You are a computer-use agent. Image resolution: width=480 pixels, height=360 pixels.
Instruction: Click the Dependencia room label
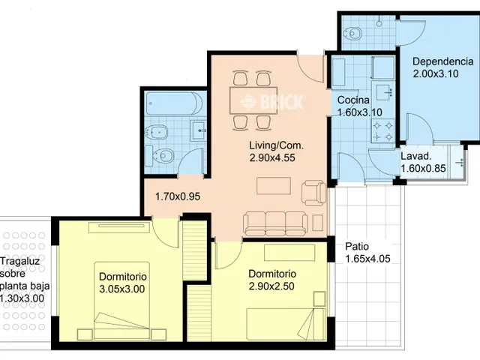pyautogui.click(x=443, y=61)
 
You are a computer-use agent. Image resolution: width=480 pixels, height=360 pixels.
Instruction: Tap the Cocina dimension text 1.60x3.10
pyautogui.click(x=360, y=112)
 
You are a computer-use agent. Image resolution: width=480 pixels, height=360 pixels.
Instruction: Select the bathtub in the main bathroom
pyautogui.click(x=174, y=103)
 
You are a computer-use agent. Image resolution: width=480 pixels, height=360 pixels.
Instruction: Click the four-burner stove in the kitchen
pyautogui.click(x=382, y=131)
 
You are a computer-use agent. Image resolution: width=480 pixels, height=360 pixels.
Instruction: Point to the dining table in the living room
pyautogui.click(x=253, y=100)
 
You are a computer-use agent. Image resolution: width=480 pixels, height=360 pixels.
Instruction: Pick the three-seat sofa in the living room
pyautogui.click(x=275, y=223)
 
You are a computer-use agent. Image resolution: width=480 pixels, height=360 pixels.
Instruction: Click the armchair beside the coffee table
pyautogui.click(x=314, y=193)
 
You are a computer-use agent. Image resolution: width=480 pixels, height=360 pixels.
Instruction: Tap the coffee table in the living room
pyautogui.click(x=274, y=185)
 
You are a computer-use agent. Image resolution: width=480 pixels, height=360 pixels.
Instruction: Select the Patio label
pyautogui.click(x=357, y=247)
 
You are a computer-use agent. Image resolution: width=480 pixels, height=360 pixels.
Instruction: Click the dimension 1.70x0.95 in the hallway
pyautogui.click(x=178, y=196)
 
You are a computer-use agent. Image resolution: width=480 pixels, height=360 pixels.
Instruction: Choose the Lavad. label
pyautogui.click(x=416, y=156)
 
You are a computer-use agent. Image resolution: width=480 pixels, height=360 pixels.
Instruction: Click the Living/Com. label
pyautogui.click(x=277, y=145)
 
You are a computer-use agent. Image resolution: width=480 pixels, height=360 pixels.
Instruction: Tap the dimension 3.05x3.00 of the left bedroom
pyautogui.click(x=122, y=289)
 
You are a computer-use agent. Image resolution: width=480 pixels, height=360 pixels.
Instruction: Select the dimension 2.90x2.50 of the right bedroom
pyautogui.click(x=271, y=286)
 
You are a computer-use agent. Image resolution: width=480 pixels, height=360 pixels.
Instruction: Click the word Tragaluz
pyautogui.click(x=20, y=262)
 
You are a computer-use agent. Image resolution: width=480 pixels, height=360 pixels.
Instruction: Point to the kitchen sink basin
pyautogui.click(x=384, y=92)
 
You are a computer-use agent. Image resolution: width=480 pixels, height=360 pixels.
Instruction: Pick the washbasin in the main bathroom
pyautogui.click(x=198, y=130)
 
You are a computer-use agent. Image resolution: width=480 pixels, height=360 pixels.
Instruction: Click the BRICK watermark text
pyautogui.click(x=282, y=102)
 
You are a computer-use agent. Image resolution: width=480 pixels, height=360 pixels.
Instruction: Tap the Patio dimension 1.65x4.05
pyautogui.click(x=368, y=259)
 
